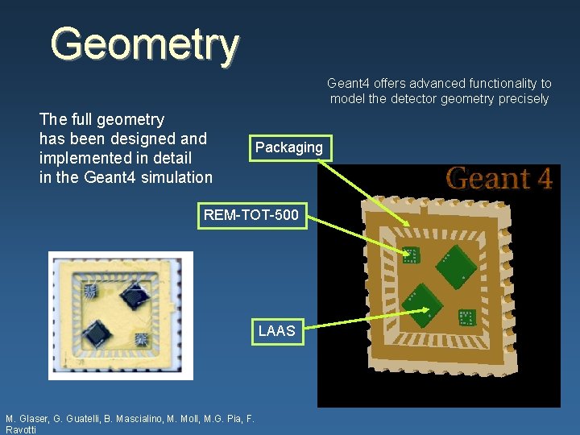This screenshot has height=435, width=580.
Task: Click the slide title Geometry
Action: click(145, 44)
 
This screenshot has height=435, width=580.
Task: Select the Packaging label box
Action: click(288, 147)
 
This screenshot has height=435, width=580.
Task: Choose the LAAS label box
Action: click(276, 330)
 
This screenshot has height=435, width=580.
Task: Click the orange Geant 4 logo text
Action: click(499, 178)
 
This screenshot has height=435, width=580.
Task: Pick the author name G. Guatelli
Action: click(81, 419)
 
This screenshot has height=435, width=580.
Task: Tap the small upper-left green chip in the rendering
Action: click(410, 255)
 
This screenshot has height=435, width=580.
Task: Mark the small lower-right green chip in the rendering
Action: click(466, 318)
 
